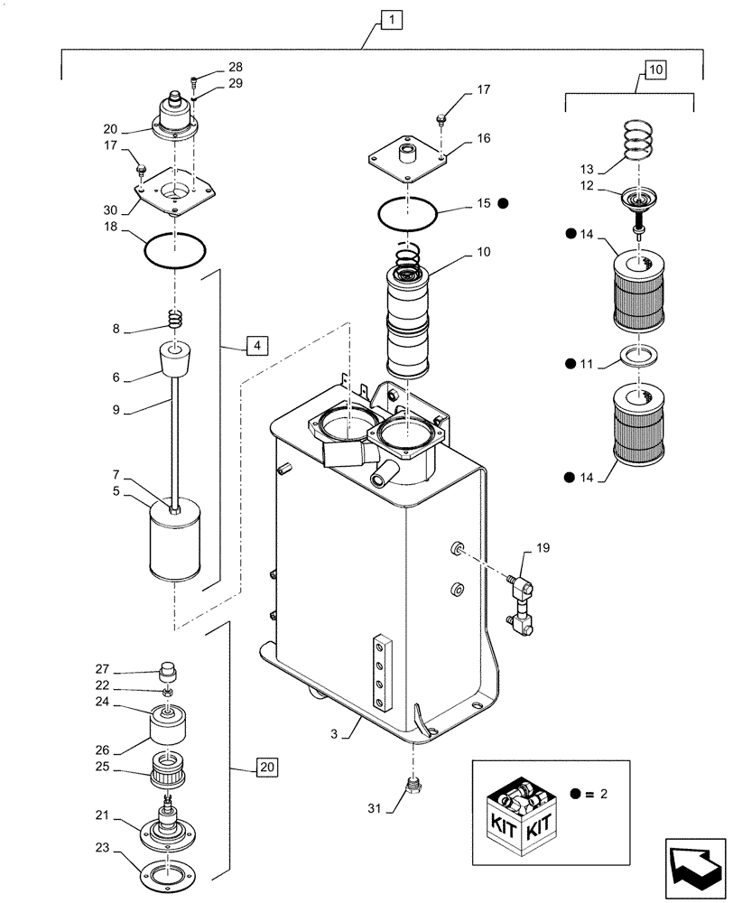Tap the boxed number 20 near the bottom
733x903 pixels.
(x=266, y=768)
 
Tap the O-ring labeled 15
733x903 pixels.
(x=409, y=215)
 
